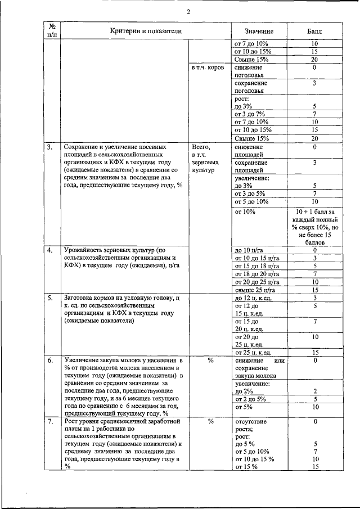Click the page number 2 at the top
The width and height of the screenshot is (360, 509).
(188, 12)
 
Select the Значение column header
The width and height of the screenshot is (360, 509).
(259, 31)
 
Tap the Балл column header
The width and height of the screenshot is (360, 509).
(314, 31)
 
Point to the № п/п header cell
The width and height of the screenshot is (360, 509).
(52, 31)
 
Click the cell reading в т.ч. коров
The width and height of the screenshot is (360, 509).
(208, 67)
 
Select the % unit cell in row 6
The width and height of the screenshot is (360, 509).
(210, 360)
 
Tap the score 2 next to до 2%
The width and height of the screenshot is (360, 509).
(315, 391)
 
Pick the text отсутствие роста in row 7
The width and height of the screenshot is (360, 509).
(251, 425)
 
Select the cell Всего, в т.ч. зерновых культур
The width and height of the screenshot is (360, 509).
(202, 159)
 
